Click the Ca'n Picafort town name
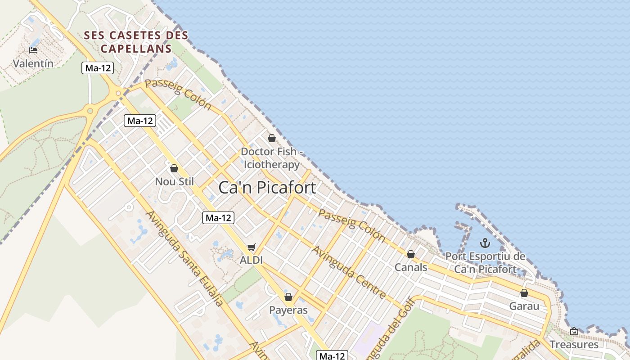click(x=267, y=188)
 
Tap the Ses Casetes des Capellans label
click(x=136, y=41)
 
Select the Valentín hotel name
click(x=33, y=63)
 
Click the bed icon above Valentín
click(x=33, y=50)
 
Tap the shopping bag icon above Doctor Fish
click(x=271, y=138)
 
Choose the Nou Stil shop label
click(x=174, y=181)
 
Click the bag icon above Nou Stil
click(x=174, y=168)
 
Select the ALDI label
click(x=251, y=260)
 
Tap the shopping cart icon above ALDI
click(x=252, y=247)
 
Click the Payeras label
click(x=288, y=310)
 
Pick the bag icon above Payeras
click(x=288, y=297)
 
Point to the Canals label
click(x=411, y=267)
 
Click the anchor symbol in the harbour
click(x=485, y=243)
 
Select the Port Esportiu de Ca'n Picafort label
click(x=485, y=263)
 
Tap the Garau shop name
click(x=524, y=306)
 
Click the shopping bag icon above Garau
click(x=524, y=293)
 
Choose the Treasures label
click(x=574, y=345)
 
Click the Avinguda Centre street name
click(x=349, y=272)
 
